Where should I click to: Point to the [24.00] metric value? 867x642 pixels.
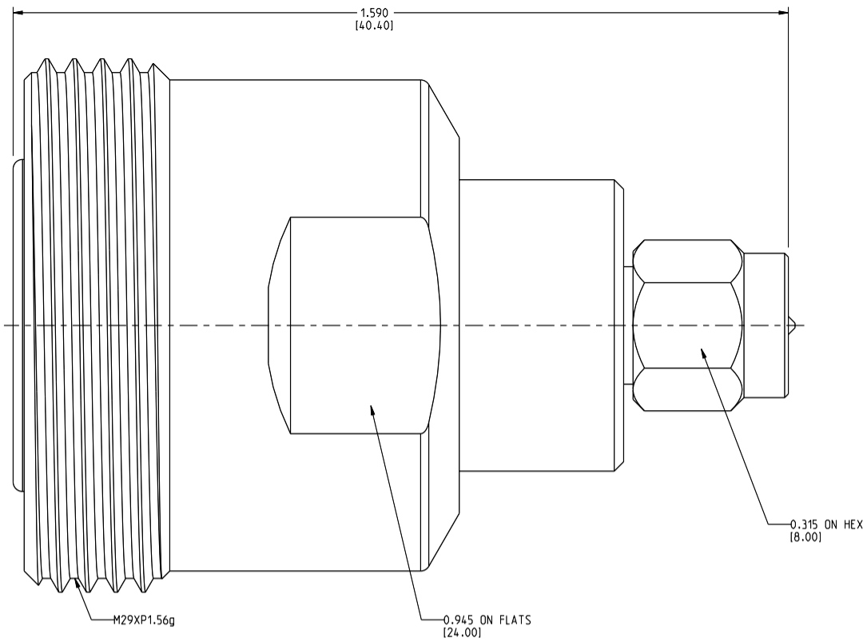point(463,632)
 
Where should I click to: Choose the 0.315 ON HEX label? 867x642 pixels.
point(827,524)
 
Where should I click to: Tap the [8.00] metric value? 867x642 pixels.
point(806,536)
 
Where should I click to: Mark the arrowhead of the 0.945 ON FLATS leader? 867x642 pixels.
point(371,409)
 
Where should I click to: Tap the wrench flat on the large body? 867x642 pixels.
point(356,325)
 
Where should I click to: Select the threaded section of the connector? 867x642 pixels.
point(96,325)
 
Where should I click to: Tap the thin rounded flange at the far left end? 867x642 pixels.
point(18,325)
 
